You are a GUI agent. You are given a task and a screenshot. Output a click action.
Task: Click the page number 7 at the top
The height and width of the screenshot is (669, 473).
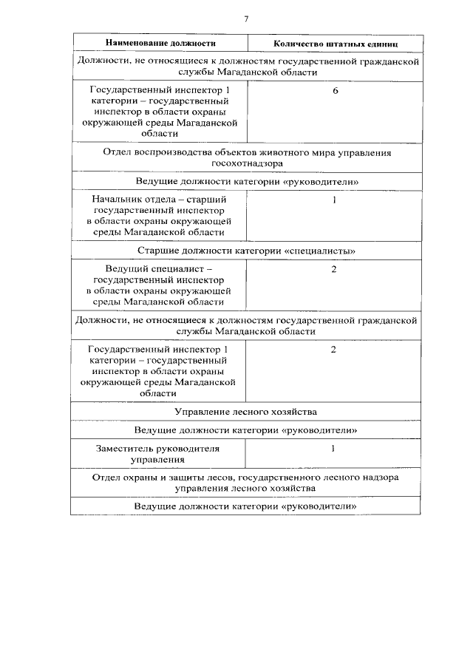[x=246, y=18]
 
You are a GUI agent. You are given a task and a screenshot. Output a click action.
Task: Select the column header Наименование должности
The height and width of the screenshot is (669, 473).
[x=160, y=44]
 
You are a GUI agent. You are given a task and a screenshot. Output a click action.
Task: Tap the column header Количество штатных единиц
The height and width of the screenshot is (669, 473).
[x=334, y=44]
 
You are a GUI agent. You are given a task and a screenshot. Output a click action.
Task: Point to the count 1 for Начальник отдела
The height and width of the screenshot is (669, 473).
[x=334, y=200]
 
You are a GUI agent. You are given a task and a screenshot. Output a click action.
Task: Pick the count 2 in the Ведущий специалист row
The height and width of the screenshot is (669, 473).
[x=334, y=268]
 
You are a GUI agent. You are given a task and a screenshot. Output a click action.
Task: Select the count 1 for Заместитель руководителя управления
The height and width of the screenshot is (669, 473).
[x=334, y=448]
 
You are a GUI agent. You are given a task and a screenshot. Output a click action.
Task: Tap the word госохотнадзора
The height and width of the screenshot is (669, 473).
[x=246, y=163]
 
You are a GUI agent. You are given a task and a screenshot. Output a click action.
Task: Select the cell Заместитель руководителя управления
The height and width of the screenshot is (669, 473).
[x=158, y=454]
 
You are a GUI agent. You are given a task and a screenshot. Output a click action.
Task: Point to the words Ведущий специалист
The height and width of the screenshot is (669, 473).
[x=158, y=269]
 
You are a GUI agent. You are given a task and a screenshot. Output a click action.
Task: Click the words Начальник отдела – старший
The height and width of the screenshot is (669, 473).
[x=158, y=200]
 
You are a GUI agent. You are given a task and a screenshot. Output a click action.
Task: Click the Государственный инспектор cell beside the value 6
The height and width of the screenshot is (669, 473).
[x=158, y=112]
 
